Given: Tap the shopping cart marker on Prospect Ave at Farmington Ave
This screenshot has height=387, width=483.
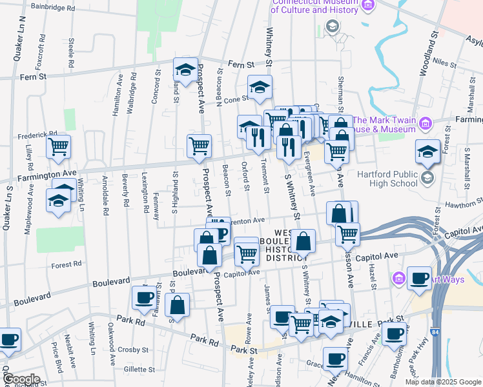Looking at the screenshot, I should pos(199,146).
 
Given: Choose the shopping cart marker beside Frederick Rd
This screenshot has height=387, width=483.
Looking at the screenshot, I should pos(59,147).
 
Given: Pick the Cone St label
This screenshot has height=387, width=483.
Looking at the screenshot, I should pos(236,99).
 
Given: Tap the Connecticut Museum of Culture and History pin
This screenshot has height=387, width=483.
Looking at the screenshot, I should pos(368,6).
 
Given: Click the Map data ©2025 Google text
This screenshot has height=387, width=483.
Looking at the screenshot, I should pos(442,382).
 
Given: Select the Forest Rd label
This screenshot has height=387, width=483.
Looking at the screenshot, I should pos(67,264).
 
